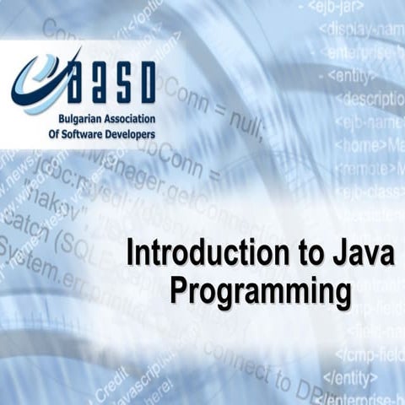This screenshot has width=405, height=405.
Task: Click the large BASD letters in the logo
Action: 110,81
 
